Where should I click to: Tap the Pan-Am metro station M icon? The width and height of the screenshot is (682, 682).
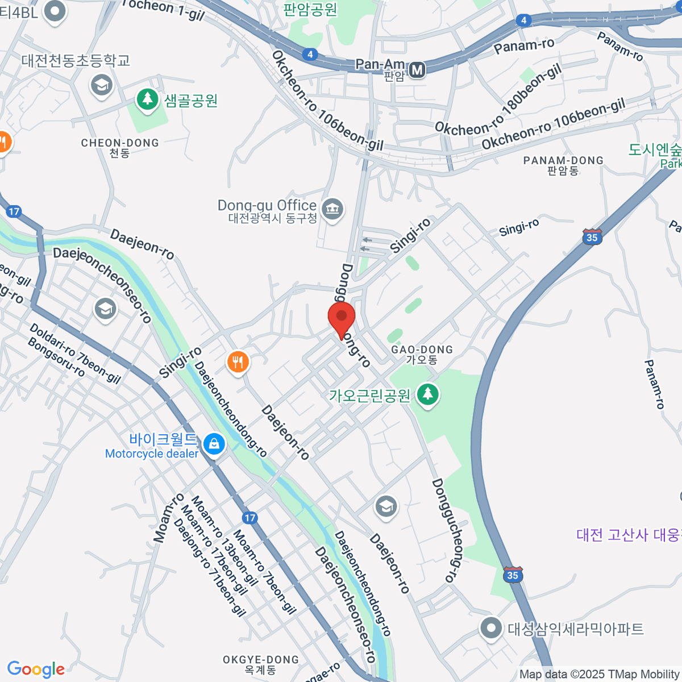(x=418, y=70)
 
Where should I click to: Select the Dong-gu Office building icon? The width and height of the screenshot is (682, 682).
(x=332, y=209)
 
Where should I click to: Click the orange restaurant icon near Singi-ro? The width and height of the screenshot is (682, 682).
(x=238, y=361)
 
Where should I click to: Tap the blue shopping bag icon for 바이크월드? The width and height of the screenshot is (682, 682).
(x=214, y=443)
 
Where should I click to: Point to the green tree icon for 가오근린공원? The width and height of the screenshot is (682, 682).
(x=428, y=394)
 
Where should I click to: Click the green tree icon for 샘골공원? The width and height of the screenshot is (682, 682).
(x=148, y=99)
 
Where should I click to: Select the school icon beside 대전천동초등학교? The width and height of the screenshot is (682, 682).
(x=102, y=86)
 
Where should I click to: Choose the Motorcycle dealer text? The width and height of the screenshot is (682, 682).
(x=152, y=454)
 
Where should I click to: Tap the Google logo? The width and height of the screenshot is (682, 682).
(x=36, y=669)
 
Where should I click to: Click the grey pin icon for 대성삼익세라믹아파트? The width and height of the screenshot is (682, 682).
(x=490, y=629)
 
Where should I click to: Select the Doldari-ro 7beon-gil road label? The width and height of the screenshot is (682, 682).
(x=75, y=353)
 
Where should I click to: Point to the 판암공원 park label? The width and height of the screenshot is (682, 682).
(x=310, y=10)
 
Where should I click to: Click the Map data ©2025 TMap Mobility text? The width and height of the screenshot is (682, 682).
(x=599, y=675)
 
